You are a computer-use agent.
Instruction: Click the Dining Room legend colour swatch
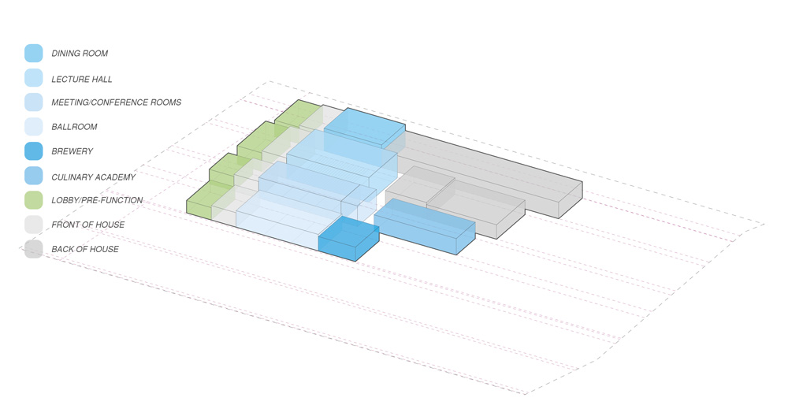click(34, 54)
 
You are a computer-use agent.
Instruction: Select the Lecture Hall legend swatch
click(34, 78)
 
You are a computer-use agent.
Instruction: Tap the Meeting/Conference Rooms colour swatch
click(34, 102)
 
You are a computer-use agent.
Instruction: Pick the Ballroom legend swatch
click(34, 127)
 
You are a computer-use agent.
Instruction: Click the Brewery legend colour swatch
click(34, 151)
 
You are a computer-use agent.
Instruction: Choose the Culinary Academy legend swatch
click(34, 176)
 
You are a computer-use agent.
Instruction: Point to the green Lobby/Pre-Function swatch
click(34, 200)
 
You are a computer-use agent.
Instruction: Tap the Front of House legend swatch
click(34, 224)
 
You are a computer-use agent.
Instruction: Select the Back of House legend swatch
click(34, 249)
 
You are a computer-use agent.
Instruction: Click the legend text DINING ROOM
click(80, 54)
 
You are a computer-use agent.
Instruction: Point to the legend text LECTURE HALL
click(81, 79)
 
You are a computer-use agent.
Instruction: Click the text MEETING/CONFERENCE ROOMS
click(116, 102)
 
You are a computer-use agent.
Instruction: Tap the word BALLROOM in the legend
click(74, 127)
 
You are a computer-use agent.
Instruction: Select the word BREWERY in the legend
click(72, 151)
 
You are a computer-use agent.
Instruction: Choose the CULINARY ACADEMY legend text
click(94, 177)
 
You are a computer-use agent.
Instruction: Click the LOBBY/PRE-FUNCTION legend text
click(97, 200)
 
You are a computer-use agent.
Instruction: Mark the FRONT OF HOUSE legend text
click(88, 225)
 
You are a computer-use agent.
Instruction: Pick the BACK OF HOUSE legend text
click(85, 249)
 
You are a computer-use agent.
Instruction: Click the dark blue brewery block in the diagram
click(349, 239)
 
